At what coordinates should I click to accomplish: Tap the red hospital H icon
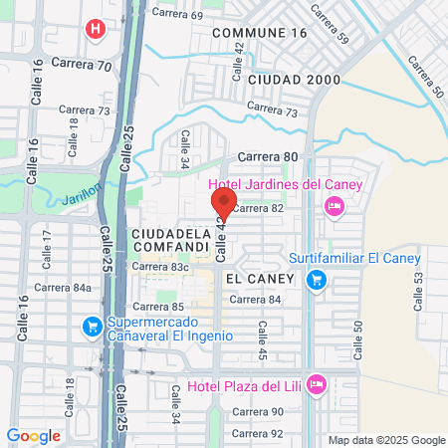[96, 28]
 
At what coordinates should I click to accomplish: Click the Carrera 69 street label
[178, 14]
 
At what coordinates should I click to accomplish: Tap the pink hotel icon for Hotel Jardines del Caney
[335, 206]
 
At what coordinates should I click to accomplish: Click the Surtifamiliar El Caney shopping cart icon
[317, 280]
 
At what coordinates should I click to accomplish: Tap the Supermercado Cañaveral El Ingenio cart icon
[93, 326]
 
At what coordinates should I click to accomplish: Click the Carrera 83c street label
[164, 268]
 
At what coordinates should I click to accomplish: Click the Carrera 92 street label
[257, 433]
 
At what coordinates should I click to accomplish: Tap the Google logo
[33, 436]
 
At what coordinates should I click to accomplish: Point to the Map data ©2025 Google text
[387, 440]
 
